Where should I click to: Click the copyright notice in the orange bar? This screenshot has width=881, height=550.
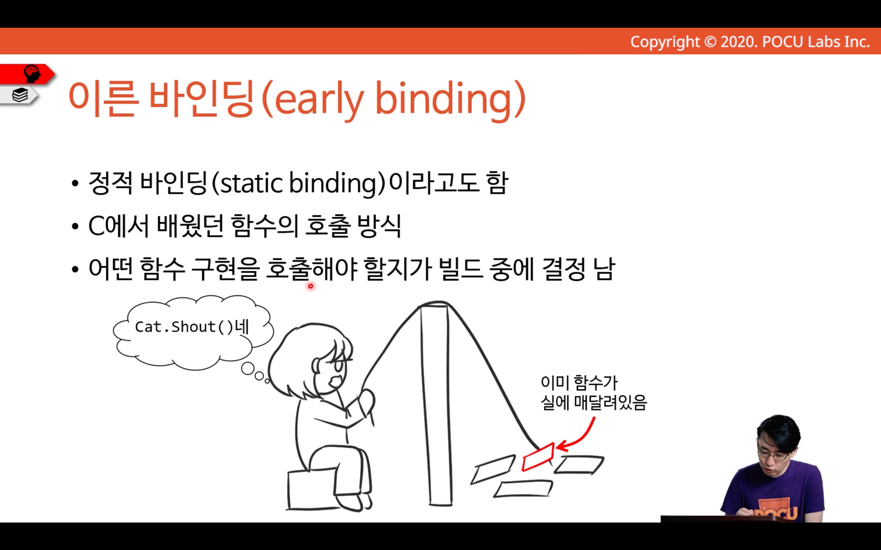tap(750, 42)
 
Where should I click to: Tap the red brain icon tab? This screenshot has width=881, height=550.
tap(27, 74)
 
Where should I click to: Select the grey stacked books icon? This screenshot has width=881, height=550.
tap(20, 95)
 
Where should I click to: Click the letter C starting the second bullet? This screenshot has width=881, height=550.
tap(96, 226)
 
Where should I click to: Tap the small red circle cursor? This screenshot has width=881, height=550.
tap(311, 286)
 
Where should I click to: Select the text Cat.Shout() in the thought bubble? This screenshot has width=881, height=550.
tap(184, 327)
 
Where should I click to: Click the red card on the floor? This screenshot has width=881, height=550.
tap(538, 456)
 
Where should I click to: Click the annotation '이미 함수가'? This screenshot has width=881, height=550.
tap(579, 382)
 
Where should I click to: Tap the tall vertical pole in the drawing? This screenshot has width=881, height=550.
tap(436, 404)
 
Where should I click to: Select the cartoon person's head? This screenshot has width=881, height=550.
tap(311, 360)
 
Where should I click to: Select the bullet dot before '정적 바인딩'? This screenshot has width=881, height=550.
tap(75, 184)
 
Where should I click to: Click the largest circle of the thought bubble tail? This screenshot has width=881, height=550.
tap(248, 368)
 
